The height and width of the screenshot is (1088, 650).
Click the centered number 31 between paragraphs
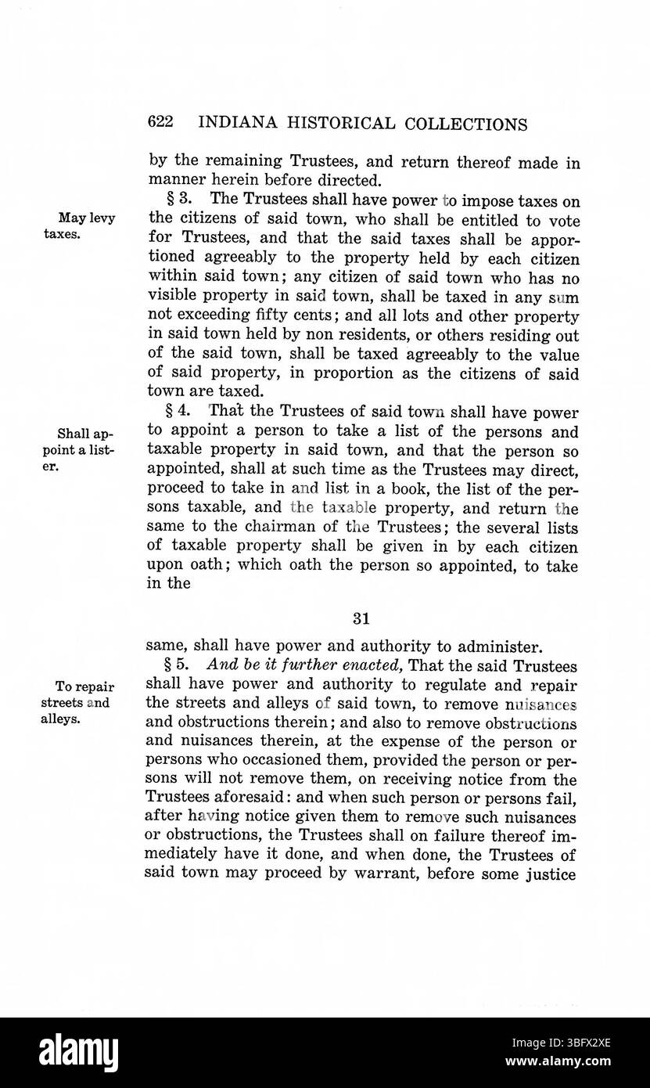[x=361, y=618]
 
